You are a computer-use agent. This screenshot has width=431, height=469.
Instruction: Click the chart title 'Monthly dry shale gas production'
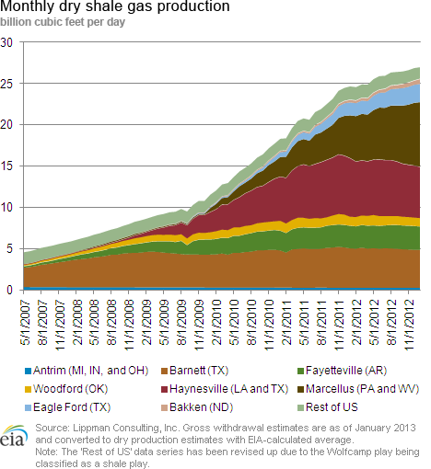pos(115,6)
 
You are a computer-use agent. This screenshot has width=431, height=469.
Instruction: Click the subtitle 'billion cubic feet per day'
pos(63,22)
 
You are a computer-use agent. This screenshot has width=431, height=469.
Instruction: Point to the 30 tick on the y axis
pos(6,42)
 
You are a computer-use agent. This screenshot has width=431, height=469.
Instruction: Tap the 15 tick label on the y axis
pos(6,166)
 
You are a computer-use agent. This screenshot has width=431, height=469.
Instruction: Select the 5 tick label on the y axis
pos(8,249)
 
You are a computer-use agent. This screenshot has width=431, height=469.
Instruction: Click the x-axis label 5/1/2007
pos(26,323)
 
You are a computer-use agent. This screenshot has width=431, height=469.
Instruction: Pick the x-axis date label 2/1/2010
pos(217,323)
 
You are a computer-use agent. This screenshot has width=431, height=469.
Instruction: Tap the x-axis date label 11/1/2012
pos(410,326)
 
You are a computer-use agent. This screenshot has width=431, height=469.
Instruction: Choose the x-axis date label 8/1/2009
pos(182,323)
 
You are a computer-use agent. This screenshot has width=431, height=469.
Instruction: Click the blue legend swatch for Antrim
pos(28,371)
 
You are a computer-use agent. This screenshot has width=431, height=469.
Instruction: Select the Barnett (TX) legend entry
pos(195,371)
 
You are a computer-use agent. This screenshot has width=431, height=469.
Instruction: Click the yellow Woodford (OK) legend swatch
pos(28,389)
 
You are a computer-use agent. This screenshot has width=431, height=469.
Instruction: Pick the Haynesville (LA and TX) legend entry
pos(225,389)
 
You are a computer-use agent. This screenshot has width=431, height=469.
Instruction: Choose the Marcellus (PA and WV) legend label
pos(363,389)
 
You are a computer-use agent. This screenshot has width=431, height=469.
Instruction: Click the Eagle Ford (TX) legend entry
pos(67,407)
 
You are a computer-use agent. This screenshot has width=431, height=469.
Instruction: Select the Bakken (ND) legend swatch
pos(164,407)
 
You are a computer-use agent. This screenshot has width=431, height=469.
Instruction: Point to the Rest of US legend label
pos(332,407)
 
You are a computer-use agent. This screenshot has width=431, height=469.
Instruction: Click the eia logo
pos(14,436)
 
